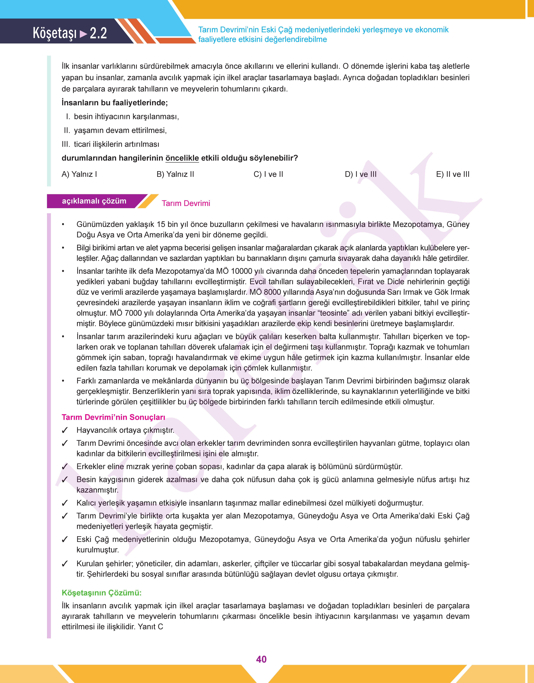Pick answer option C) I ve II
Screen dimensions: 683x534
268,174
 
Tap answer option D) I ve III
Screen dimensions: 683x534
360,174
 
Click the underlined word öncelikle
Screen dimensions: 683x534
182,158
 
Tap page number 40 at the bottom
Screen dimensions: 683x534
261,659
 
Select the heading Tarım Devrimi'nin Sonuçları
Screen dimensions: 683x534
113,417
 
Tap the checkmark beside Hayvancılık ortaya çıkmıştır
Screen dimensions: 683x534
65,431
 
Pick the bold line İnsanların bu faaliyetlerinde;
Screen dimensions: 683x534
114,103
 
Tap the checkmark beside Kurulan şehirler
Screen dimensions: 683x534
65,564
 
